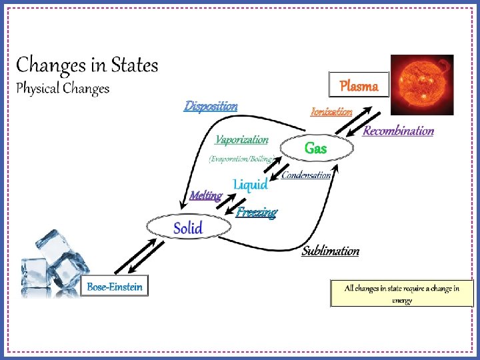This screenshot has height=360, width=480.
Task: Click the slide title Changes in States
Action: click(x=87, y=65)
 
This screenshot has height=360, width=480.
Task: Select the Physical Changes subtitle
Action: click(x=63, y=88)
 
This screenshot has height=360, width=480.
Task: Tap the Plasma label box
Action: click(x=359, y=85)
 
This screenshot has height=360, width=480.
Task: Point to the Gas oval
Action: click(x=315, y=149)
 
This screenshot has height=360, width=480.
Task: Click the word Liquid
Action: click(x=250, y=185)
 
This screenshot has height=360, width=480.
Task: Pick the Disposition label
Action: click(x=211, y=106)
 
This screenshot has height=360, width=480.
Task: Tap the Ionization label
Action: click(x=331, y=112)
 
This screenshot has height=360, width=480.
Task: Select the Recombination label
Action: click(x=398, y=131)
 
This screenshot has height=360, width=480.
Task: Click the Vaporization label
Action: click(x=241, y=140)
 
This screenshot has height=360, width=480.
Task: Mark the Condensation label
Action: click(x=306, y=175)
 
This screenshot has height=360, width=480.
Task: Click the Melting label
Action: click(x=205, y=196)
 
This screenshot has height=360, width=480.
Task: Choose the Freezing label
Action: click(x=257, y=213)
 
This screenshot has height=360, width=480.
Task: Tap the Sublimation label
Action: click(x=331, y=251)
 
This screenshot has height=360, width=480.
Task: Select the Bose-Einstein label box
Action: click(x=115, y=287)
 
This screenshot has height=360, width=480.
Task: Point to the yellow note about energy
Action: click(x=401, y=293)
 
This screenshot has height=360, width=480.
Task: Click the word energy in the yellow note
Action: click(x=401, y=300)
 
